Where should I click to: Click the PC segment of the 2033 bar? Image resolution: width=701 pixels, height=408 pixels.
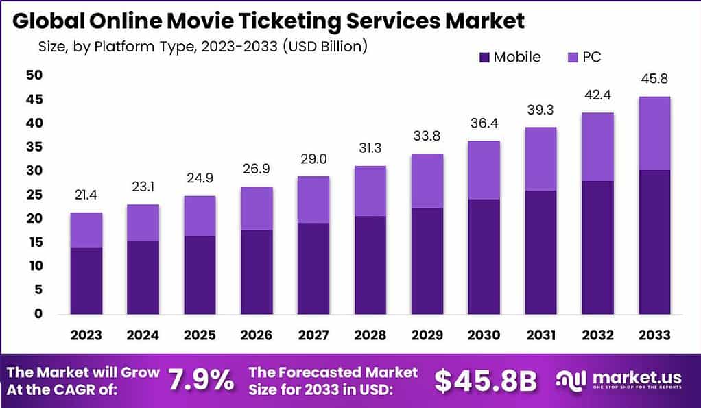pyautogui.click(x=654, y=133)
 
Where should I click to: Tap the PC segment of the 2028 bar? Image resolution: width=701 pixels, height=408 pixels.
pyautogui.click(x=370, y=191)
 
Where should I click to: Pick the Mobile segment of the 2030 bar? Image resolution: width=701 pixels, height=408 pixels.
pyautogui.click(x=484, y=256)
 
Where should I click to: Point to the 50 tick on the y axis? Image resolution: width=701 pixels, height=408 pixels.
pyautogui.click(x=35, y=75)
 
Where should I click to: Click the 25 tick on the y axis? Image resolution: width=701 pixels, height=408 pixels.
pyautogui.click(x=35, y=195)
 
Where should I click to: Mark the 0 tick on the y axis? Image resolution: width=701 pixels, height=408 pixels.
pyautogui.click(x=38, y=314)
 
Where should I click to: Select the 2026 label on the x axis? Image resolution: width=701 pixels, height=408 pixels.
pyautogui.click(x=256, y=335)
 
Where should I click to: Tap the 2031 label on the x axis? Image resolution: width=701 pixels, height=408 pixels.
pyautogui.click(x=540, y=335)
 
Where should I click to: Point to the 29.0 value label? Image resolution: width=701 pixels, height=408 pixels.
pyautogui.click(x=313, y=159)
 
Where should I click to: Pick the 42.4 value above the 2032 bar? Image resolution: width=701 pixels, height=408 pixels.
pyautogui.click(x=597, y=95)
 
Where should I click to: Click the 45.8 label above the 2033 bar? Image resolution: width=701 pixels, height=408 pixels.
pyautogui.click(x=654, y=80)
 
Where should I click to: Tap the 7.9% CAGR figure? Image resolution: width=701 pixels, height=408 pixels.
pyautogui.click(x=200, y=381)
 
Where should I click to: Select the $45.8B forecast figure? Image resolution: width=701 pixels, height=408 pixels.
pyautogui.click(x=486, y=381)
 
